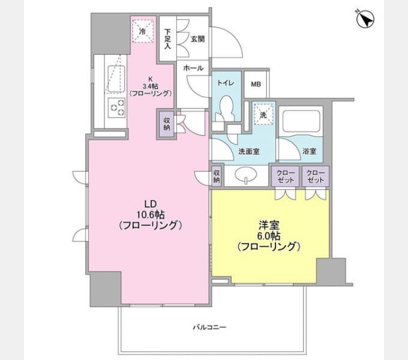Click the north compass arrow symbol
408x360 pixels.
(365, 19)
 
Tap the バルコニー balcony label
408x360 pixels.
(209, 328)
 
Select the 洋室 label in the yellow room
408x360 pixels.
(268, 225)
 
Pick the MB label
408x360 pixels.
(256, 85)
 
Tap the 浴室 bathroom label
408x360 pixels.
(310, 151)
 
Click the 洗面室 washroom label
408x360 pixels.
(248, 151)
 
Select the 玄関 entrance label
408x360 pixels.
(197, 39)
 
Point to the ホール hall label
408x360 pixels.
(193, 67)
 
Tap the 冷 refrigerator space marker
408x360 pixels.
(143, 30)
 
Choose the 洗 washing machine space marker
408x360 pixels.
(262, 112)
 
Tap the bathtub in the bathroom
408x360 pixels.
(302, 124)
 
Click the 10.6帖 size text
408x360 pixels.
(150, 215)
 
